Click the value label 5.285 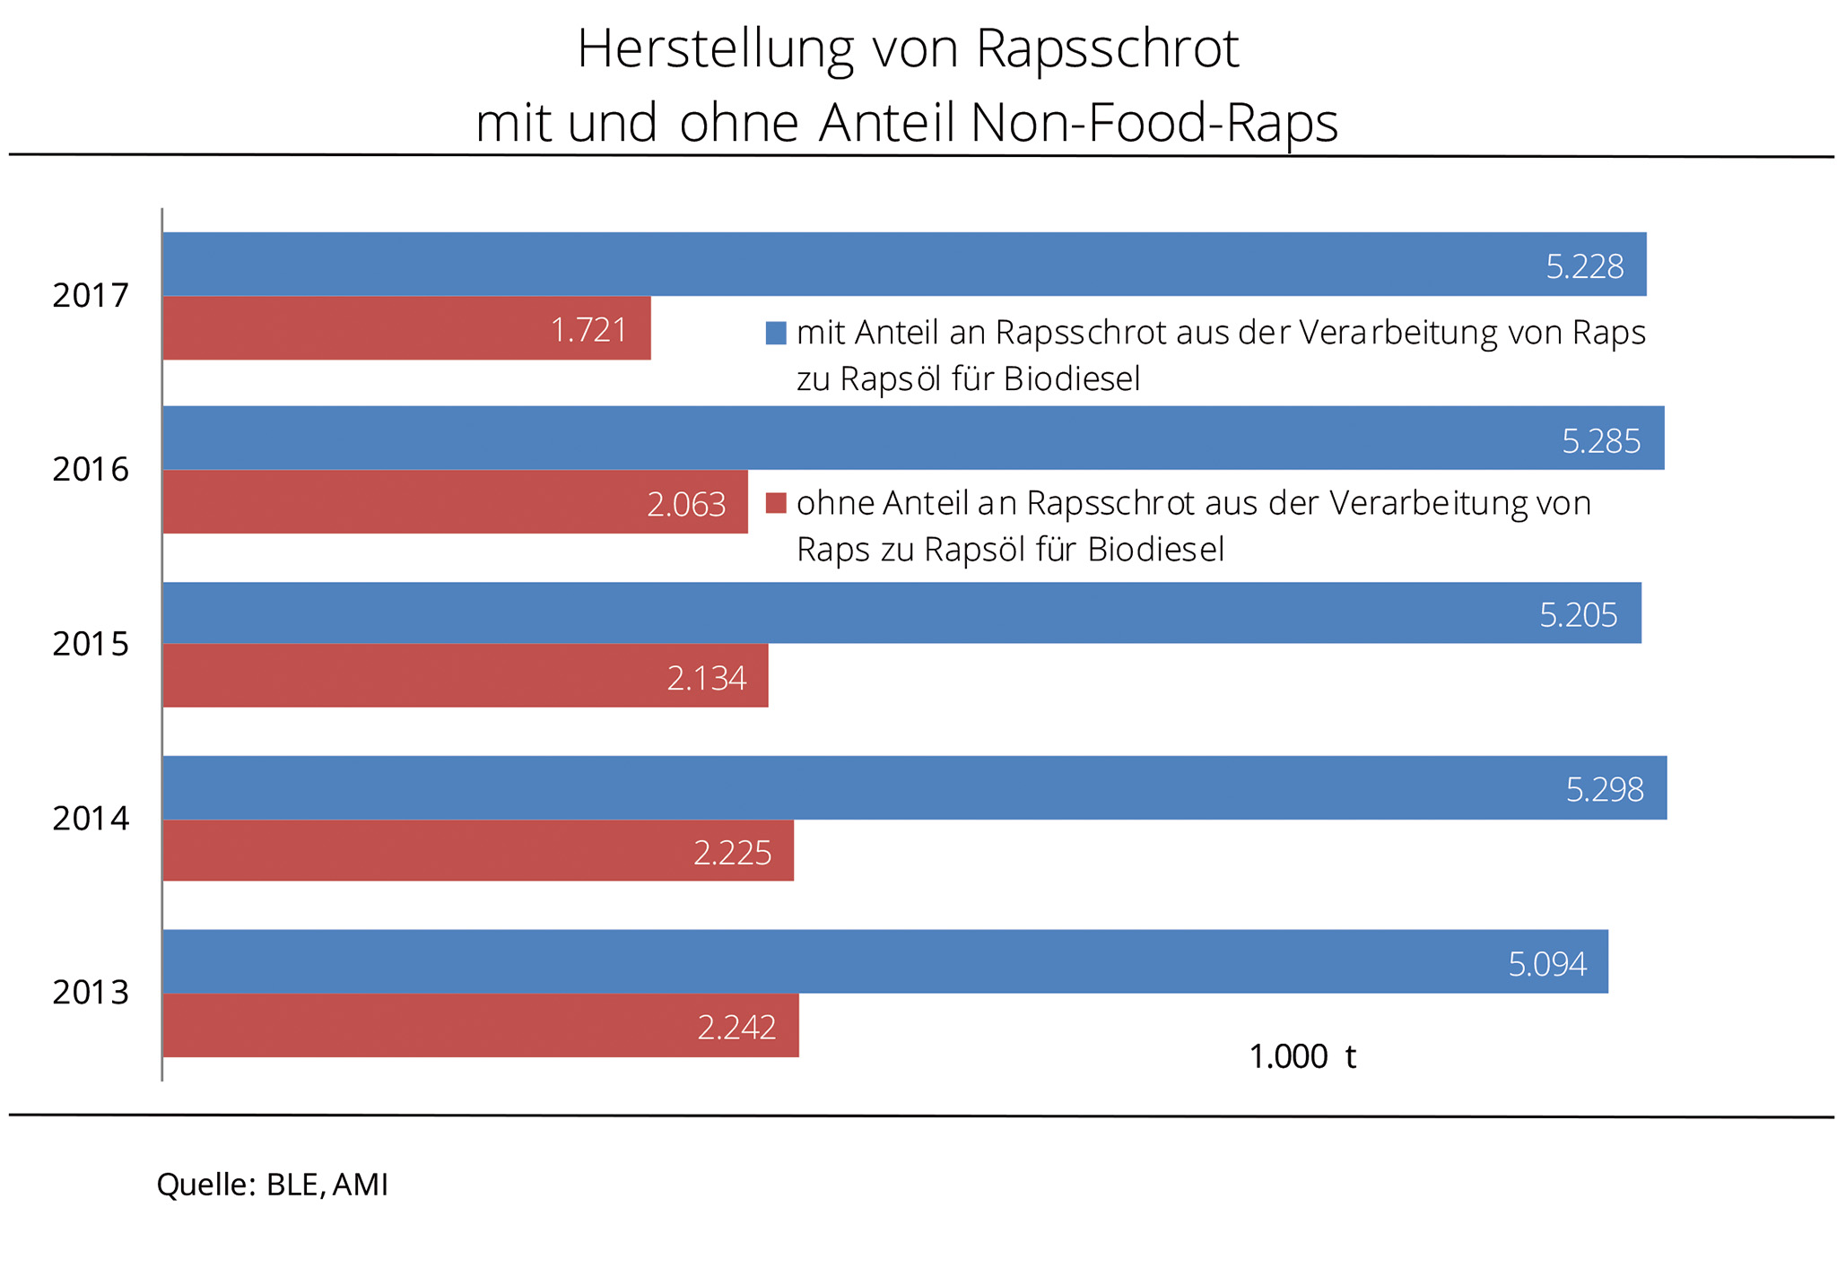[1601, 441]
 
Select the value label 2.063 [686, 505]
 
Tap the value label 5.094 [1547, 964]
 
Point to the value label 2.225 [732, 853]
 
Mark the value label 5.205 [1579, 615]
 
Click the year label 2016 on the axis [91, 470]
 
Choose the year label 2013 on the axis [91, 993]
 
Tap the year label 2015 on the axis [91, 644]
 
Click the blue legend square [776, 334]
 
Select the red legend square [776, 503]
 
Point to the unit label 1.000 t [1302, 1057]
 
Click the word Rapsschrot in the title [1107, 49]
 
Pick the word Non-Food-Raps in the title [1154, 123]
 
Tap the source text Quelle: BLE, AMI [273, 1185]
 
